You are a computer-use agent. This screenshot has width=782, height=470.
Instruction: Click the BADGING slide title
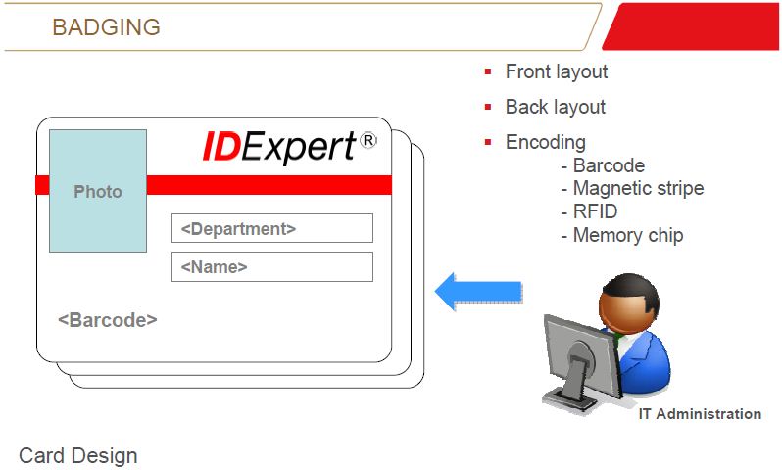tap(106, 27)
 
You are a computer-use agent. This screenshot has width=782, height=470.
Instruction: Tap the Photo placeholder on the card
tap(98, 191)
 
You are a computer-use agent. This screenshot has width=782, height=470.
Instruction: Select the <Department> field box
tap(272, 228)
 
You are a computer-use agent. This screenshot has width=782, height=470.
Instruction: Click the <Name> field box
tap(272, 266)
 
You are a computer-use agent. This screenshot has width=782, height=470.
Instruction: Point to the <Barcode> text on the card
tap(108, 320)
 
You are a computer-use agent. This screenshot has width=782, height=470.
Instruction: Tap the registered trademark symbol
tap(368, 141)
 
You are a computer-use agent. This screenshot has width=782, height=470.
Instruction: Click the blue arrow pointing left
tap(478, 292)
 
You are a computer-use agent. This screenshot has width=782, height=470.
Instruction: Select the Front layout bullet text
tap(557, 71)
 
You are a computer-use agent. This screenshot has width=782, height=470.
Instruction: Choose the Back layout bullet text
tap(556, 107)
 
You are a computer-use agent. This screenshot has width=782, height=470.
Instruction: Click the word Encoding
tap(546, 142)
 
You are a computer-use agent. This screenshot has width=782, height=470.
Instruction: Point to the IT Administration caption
tap(700, 413)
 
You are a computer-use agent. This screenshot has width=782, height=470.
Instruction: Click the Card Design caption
tap(77, 456)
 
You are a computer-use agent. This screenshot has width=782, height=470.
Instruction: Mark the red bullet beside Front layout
tap(488, 71)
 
